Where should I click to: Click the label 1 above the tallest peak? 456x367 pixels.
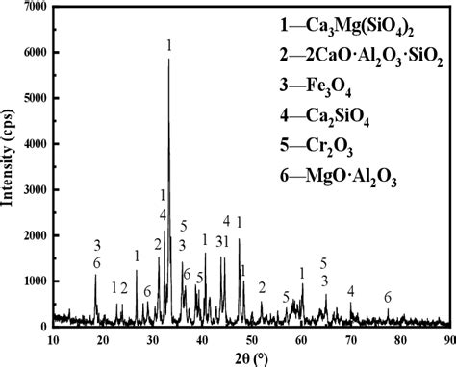(169, 45)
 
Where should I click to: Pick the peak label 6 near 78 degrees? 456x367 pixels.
(388, 298)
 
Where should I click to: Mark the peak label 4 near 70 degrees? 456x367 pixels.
(351, 291)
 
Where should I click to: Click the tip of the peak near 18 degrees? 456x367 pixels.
(95, 275)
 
